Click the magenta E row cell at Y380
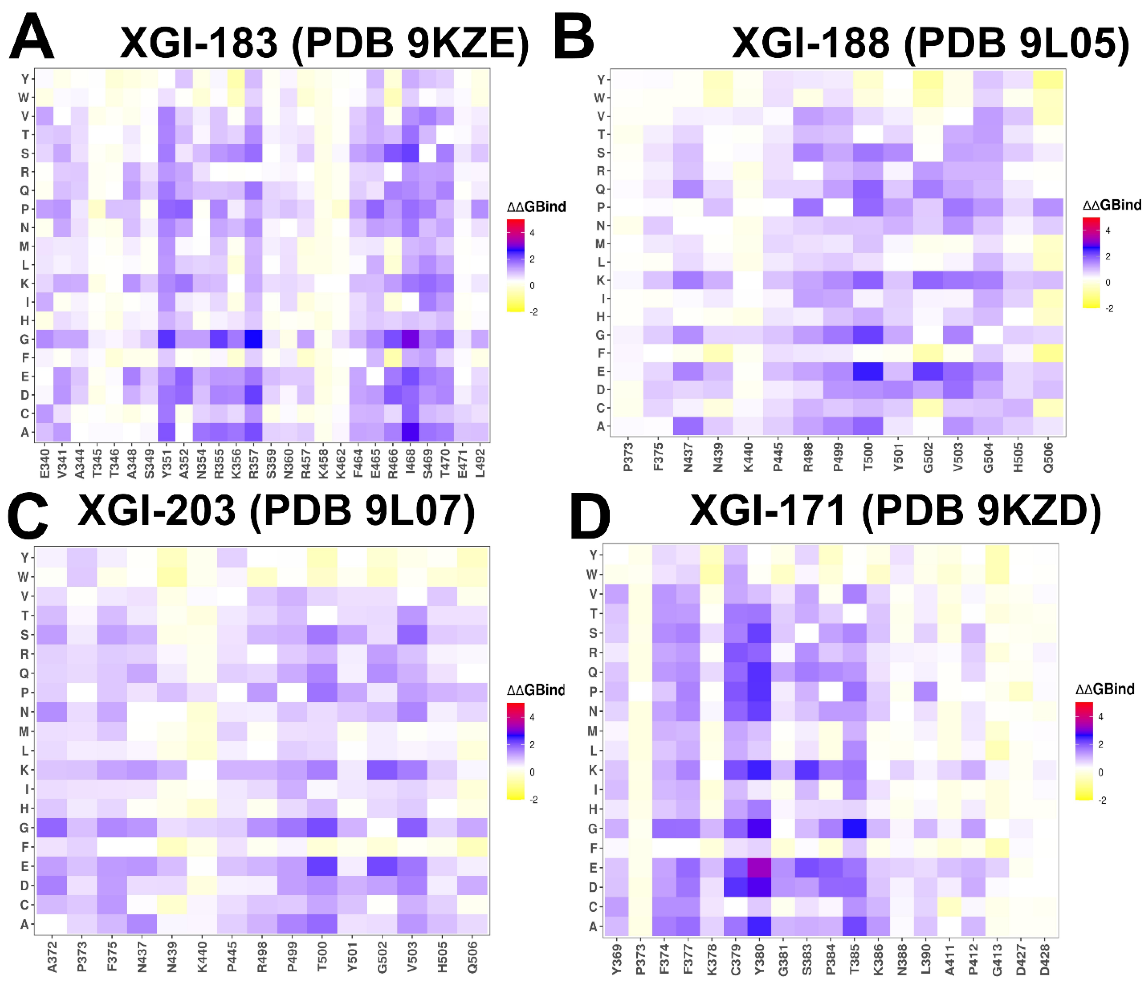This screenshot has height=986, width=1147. click(x=759, y=867)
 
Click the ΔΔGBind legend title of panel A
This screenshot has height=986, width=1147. click(x=536, y=207)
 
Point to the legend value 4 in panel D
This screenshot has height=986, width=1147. click(x=1100, y=716)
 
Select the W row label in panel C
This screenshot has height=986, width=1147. click(x=23, y=577)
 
